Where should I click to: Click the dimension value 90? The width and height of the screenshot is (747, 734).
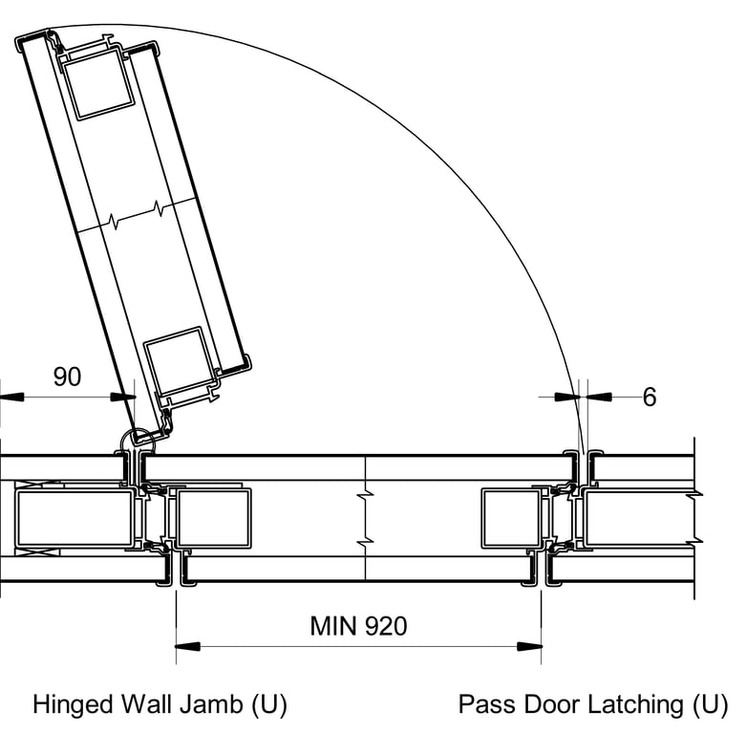pyautogui.click(x=67, y=377)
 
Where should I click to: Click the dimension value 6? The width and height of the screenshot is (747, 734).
pyautogui.click(x=650, y=397)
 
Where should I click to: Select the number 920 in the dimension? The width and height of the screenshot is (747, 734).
pyautogui.click(x=385, y=626)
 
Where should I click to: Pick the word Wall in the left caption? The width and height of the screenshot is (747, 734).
pyautogui.click(x=151, y=705)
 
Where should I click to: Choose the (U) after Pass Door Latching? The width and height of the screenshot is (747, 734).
pyautogui.click(x=709, y=705)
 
